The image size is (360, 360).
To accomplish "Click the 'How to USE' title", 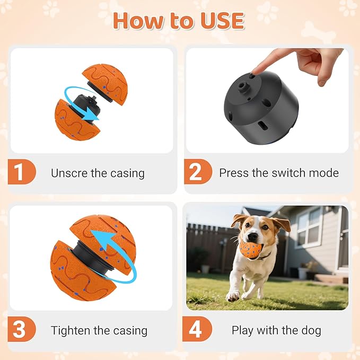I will tap(179, 20).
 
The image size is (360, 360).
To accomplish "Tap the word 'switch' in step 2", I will tap(279, 173).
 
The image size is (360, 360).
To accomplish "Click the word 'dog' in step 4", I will tap(310, 330).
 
